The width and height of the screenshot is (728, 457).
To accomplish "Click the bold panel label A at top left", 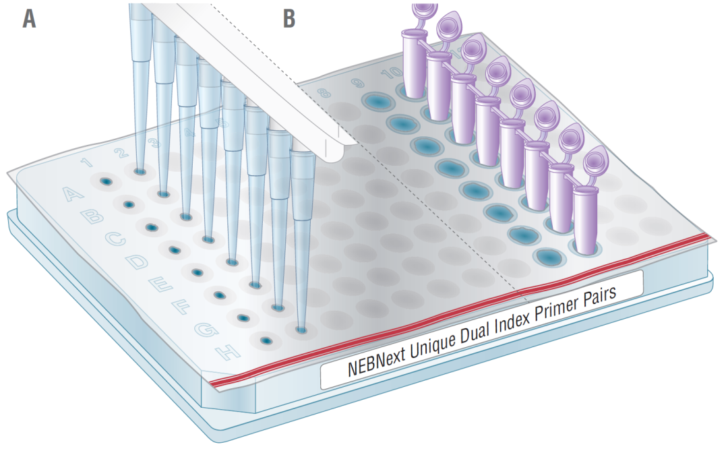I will (x=29, y=18).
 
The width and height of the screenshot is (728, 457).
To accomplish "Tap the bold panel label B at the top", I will (x=289, y=18).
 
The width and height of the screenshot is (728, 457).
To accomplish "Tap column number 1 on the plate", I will (x=86, y=162).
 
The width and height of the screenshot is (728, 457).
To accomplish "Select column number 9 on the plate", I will (x=357, y=84).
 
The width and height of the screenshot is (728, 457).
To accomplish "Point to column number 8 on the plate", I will (x=324, y=93).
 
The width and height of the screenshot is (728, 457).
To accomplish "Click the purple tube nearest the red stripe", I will (x=586, y=218).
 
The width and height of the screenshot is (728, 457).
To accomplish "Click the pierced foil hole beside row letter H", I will (x=267, y=342).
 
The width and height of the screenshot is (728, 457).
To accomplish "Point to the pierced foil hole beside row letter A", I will (x=105, y=181).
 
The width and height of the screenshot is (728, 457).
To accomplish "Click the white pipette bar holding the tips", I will (x=256, y=74).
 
